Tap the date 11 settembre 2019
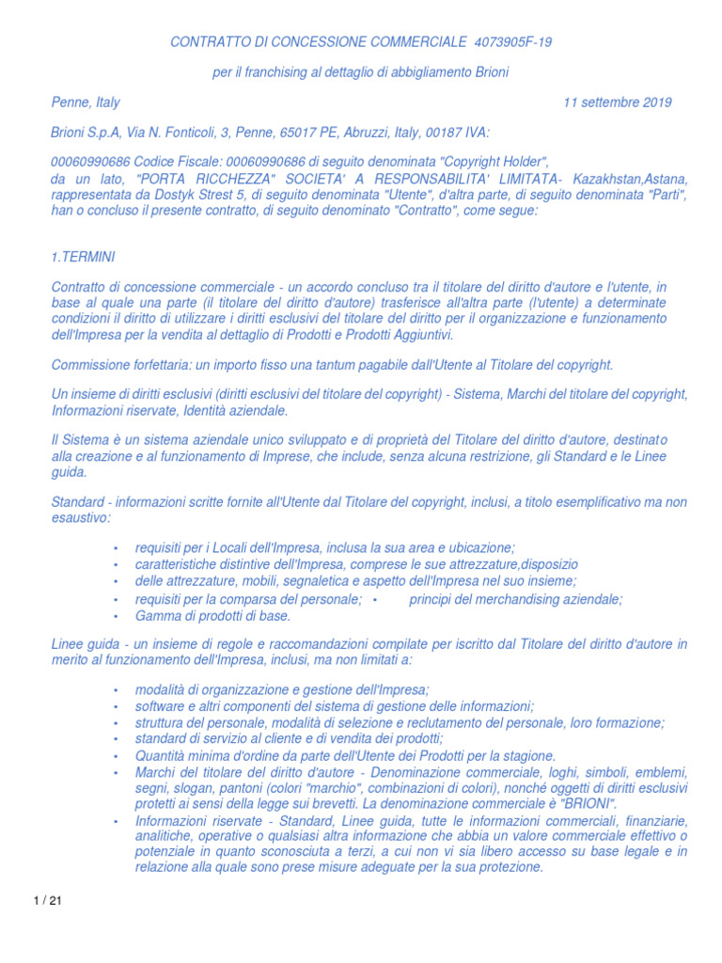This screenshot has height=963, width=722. tap(617, 103)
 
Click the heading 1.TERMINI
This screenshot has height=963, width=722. tap(84, 257)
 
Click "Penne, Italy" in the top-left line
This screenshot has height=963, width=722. tap(86, 103)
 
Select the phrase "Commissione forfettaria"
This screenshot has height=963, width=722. tap(119, 365)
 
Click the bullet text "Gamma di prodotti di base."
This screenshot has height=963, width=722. tap(213, 616)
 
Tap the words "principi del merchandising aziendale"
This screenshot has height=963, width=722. tap(515, 599)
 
